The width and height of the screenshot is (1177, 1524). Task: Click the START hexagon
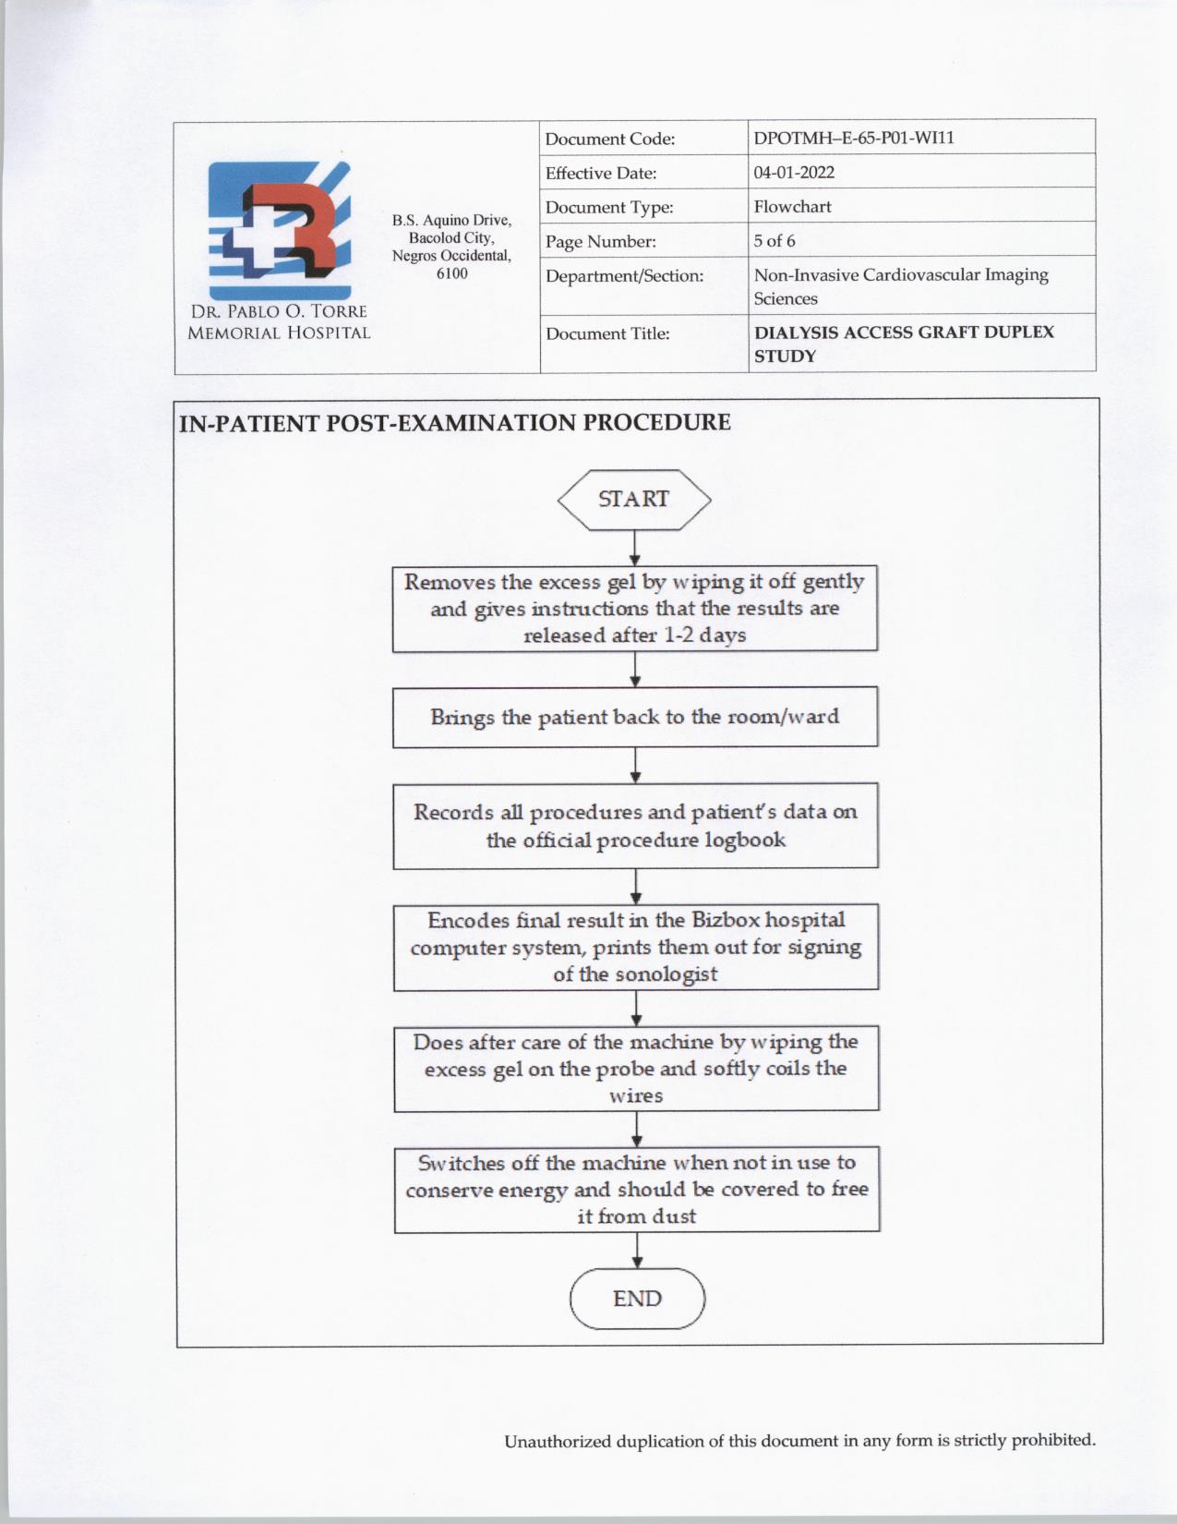(x=634, y=500)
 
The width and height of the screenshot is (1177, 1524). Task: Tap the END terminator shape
(x=637, y=1299)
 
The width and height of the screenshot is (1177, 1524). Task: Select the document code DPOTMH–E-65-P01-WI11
(x=853, y=139)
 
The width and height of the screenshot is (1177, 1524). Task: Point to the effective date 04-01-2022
(x=794, y=173)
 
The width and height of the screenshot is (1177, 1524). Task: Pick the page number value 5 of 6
(x=774, y=241)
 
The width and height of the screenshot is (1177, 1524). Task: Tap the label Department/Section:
(x=624, y=276)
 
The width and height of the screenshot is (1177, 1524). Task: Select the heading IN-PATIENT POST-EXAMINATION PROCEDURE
(x=454, y=423)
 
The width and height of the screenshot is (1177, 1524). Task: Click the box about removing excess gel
(x=634, y=609)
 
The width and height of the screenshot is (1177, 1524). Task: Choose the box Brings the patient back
(x=634, y=717)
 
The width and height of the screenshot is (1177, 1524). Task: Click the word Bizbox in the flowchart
(x=726, y=920)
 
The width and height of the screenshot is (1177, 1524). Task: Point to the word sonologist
(x=666, y=974)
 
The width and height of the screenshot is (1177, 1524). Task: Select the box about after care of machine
(x=635, y=1069)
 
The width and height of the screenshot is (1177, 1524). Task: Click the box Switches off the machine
(x=636, y=1190)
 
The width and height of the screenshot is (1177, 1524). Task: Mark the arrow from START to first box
(x=634, y=549)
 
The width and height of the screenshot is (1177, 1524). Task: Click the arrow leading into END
(x=637, y=1251)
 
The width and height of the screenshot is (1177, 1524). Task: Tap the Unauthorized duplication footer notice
(x=799, y=1441)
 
